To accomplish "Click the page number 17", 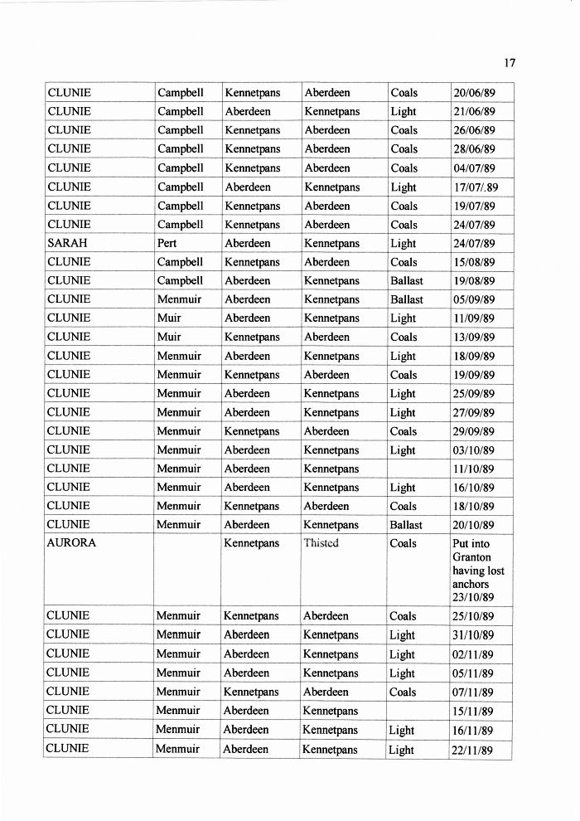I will coord(510,62).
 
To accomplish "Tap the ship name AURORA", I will coord(72,544).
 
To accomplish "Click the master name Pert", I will coord(167,244).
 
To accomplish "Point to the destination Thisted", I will coord(321,544).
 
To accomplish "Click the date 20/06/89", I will coord(474,93).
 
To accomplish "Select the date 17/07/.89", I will coord(476,187).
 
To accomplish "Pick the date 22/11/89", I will coord(473,751).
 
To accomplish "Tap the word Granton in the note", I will coord(472,557).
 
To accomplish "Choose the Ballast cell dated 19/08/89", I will coord(406,281).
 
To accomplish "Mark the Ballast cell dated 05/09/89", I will coord(406,300).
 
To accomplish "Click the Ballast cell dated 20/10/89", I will coord(406,525).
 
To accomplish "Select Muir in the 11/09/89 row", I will coord(169,318).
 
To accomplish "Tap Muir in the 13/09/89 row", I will coord(169,338).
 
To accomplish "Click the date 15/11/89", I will coord(473,712).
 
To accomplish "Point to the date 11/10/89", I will coord(473,469).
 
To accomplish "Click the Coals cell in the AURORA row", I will coord(404,544).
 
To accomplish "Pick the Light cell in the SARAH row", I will coord(403,244).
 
